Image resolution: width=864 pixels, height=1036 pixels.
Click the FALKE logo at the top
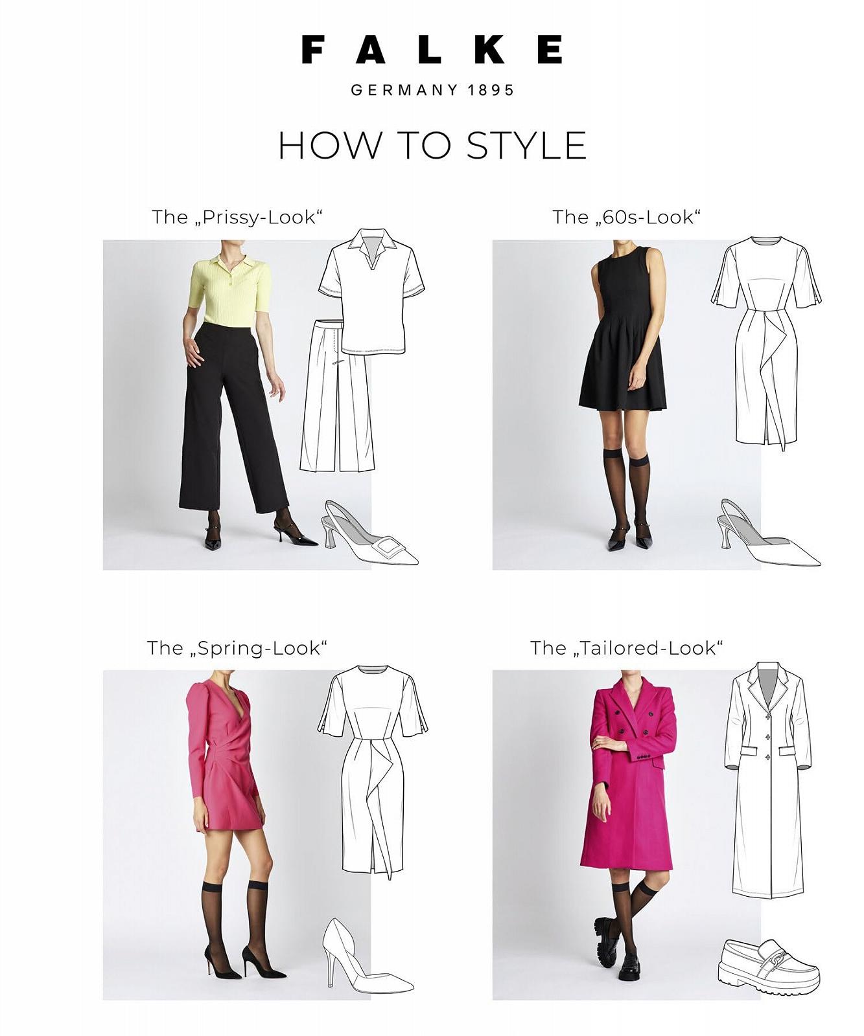432,50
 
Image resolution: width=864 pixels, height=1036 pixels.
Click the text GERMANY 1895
432,90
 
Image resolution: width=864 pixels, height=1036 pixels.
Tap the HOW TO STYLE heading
432,145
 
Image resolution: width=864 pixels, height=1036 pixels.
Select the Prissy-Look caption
237,217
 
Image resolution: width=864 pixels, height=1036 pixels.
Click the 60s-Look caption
627,217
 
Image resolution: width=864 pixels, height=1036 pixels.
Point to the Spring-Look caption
237,648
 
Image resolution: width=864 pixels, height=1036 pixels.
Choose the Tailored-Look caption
627,648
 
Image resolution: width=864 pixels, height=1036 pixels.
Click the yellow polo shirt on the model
230,291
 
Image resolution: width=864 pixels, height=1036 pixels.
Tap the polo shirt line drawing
371,291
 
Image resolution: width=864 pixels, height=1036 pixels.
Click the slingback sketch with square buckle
369,534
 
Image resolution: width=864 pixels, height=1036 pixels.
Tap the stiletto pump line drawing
366,957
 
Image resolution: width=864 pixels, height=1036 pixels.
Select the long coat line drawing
768,780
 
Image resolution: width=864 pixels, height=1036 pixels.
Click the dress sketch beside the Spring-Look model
373,771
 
